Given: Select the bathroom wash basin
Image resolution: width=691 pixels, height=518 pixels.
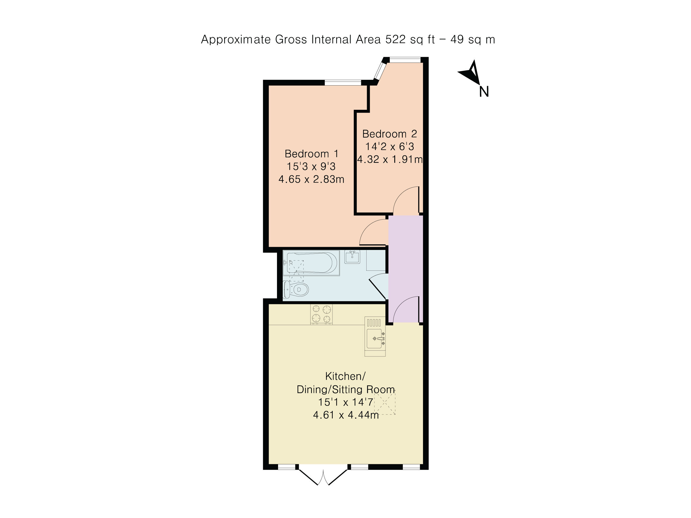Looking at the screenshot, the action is click(352, 257).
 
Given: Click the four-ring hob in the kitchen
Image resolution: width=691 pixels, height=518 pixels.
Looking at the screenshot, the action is click(322, 314).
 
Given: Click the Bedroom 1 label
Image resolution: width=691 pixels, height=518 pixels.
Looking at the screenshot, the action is click(311, 154).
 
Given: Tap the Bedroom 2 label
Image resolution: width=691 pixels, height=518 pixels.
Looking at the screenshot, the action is click(389, 134).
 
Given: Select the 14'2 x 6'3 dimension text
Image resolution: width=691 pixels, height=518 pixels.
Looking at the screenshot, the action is click(390, 147).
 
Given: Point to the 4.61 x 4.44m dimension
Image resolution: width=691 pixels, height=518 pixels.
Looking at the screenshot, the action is click(346, 415).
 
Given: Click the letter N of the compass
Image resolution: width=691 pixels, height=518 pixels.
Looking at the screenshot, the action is click(484, 92).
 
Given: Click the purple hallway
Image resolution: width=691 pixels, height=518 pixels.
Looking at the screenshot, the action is click(405, 269).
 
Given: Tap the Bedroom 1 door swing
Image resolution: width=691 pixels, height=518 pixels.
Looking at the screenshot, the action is click(373, 232).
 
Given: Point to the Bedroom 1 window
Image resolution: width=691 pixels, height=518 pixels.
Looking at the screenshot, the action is click(343, 83).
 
